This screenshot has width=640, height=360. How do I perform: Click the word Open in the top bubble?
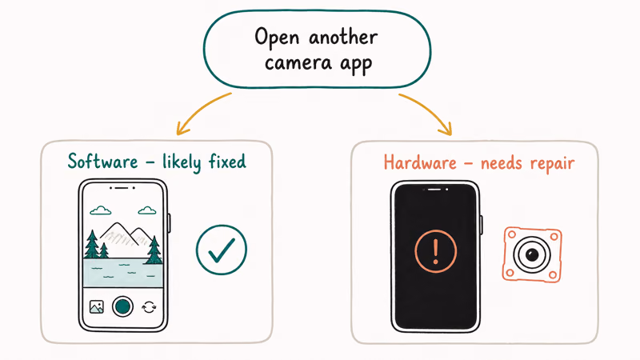[x=277, y=38]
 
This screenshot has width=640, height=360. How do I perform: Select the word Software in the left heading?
[x=102, y=162]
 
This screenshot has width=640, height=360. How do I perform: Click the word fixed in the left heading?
[x=227, y=162]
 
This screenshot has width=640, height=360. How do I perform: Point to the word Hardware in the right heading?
[x=420, y=162]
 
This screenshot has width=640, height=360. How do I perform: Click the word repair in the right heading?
[x=552, y=164]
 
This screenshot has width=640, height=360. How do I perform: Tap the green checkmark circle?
[x=222, y=250]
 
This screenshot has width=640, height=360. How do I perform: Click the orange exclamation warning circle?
[x=435, y=251]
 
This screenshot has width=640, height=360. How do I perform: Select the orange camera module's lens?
[x=531, y=254]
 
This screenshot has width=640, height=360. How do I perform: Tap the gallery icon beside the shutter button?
[x=96, y=306]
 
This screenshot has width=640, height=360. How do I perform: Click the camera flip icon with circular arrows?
[x=149, y=307]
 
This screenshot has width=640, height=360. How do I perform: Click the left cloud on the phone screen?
[x=101, y=210]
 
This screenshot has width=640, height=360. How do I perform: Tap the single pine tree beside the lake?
[x=154, y=250]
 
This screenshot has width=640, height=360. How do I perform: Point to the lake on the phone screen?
[x=123, y=272]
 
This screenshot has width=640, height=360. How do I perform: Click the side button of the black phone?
[x=482, y=225]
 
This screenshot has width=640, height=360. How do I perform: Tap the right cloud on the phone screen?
[x=147, y=210]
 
